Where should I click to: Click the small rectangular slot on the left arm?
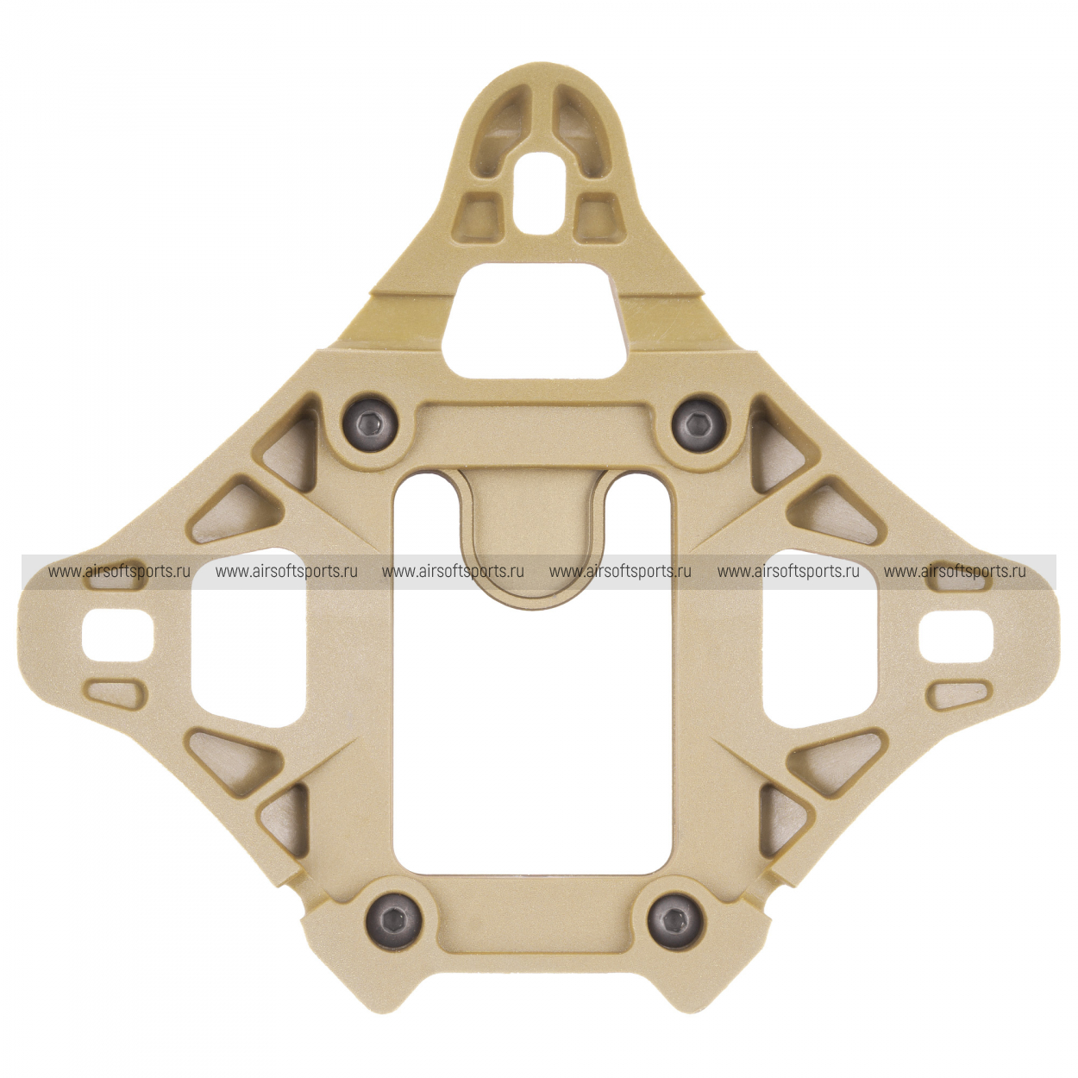tap(117, 637)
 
